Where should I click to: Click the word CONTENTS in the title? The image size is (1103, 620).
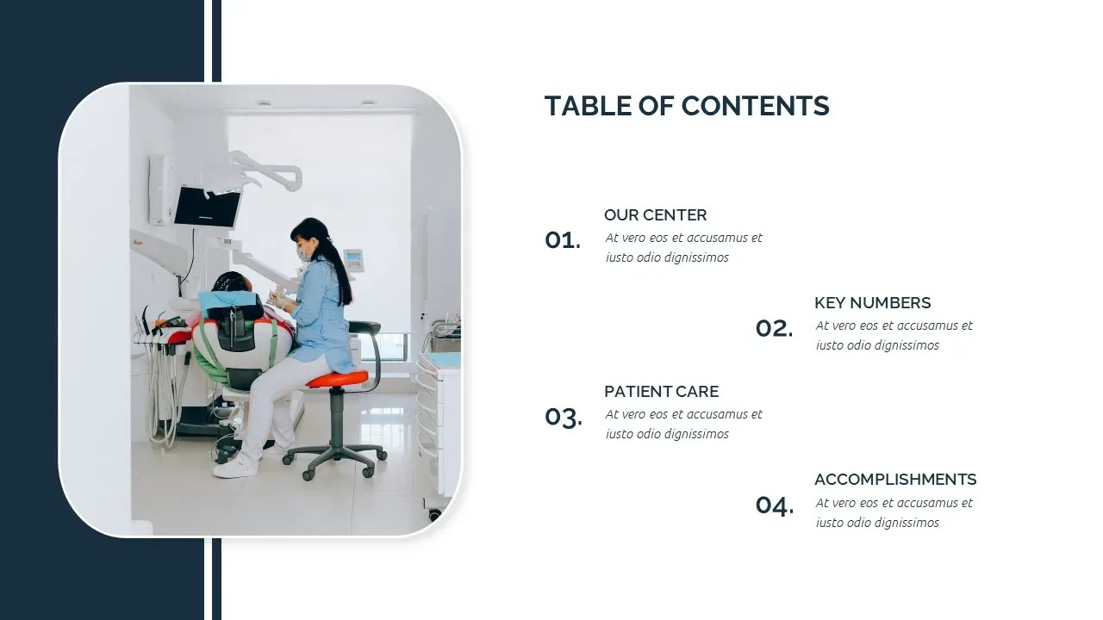point(756,106)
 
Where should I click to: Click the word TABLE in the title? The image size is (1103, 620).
point(588,106)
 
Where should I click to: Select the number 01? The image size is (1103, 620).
point(563,240)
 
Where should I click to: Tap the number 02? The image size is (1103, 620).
point(774,328)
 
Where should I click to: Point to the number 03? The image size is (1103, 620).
point(564,418)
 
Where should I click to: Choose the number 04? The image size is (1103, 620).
point(775,505)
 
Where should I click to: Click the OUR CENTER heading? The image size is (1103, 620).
point(655,215)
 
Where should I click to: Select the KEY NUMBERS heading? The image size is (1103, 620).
point(873,302)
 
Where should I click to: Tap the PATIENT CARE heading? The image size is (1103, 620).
point(661,391)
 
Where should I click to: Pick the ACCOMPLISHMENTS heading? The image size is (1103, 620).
point(895,480)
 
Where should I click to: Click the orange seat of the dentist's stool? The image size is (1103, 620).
point(338,378)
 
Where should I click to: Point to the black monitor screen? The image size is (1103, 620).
point(208,207)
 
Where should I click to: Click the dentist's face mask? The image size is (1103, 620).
point(304,254)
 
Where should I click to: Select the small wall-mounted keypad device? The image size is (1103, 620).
point(353,260)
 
